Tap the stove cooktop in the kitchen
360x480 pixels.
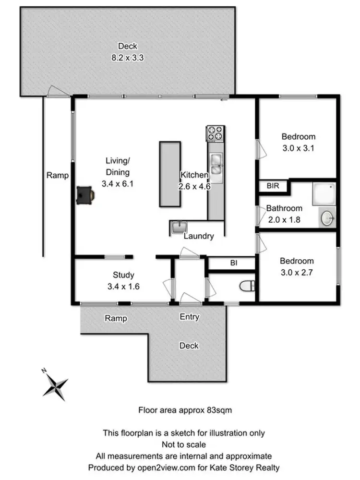click(216, 134)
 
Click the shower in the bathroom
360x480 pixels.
click(324, 194)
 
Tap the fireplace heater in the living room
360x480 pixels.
click(85, 195)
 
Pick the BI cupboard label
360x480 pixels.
click(234, 263)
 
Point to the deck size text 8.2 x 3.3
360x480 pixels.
click(128, 57)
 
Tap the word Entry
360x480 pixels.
click(190, 317)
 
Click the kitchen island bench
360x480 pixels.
click(170, 174)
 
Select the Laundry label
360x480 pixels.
click(199, 236)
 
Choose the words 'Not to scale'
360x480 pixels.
click(184, 444)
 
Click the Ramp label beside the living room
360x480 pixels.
click(58, 176)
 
